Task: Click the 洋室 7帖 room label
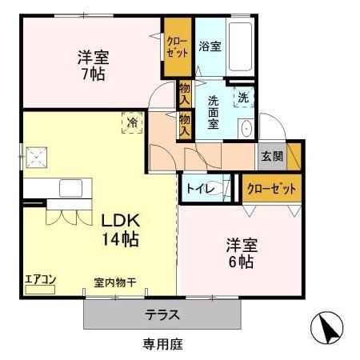coord(92,65)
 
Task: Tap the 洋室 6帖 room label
coord(240,251)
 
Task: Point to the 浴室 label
coord(210,46)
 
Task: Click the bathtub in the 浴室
coord(241,43)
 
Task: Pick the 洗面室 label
coord(214,112)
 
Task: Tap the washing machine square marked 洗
coord(242,98)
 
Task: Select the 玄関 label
coord(271,156)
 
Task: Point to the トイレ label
coord(198,190)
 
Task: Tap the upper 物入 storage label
coord(184,94)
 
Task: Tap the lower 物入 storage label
coord(184,124)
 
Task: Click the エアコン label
coord(39,279)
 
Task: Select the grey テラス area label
coord(162,314)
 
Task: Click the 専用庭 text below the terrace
coord(162,345)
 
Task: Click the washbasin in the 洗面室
coord(246,129)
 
